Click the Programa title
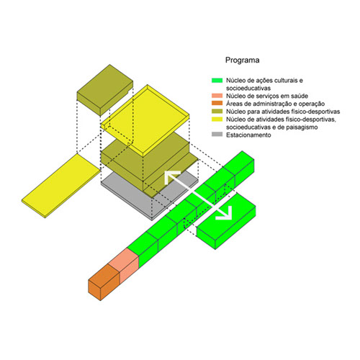click(x=242, y=60)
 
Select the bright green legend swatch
click(x=217, y=80)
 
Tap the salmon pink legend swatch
click(x=217, y=96)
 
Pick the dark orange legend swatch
click(x=217, y=104)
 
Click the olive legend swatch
click(x=217, y=112)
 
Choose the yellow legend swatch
click(x=217, y=119)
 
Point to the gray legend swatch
click(x=217, y=135)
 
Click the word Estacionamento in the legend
click(x=248, y=135)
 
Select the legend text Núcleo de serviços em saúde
click(x=267, y=96)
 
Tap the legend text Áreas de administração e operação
click(x=275, y=104)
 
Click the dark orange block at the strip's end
click(x=104, y=282)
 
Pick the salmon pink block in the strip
click(x=124, y=265)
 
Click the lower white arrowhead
click(x=225, y=213)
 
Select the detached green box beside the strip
click(x=226, y=221)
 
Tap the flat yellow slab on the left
click(x=61, y=186)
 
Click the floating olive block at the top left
click(x=105, y=90)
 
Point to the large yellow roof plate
click(x=145, y=117)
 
